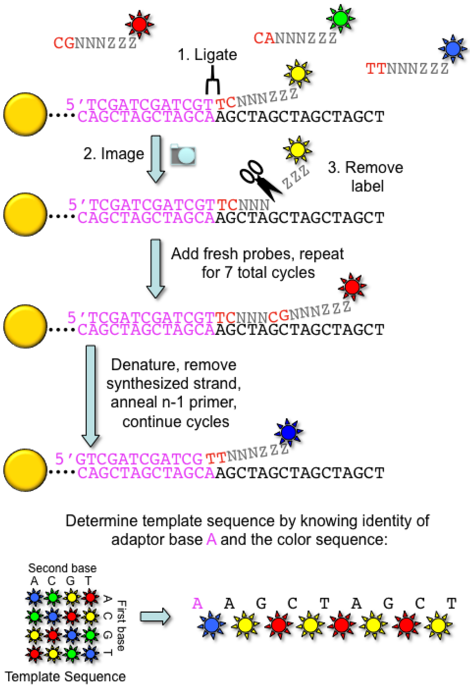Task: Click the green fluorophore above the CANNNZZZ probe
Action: (340, 18)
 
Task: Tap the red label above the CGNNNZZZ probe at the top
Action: (140, 24)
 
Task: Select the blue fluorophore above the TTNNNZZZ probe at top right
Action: (453, 48)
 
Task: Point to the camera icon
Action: (183, 155)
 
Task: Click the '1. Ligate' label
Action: (207, 55)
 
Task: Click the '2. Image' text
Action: (113, 154)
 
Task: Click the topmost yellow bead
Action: (25, 114)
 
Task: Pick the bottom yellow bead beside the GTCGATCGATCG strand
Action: (25, 470)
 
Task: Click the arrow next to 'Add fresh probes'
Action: (156, 268)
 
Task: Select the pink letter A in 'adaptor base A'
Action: (212, 540)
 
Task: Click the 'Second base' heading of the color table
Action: (62, 568)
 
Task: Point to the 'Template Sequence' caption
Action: (65, 676)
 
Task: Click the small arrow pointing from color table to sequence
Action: (155, 617)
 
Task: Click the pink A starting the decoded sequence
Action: (197, 603)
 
